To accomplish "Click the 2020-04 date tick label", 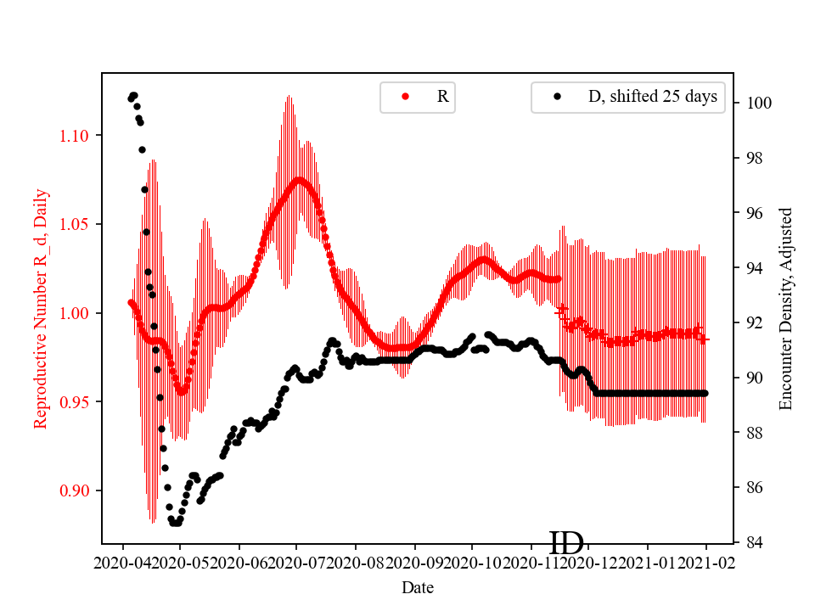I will click(124, 562).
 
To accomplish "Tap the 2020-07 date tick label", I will click(296, 562).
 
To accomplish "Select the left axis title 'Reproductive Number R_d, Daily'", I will click(40, 309).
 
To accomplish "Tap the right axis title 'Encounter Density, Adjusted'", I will click(785, 309).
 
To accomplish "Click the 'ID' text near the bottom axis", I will click(566, 543).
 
